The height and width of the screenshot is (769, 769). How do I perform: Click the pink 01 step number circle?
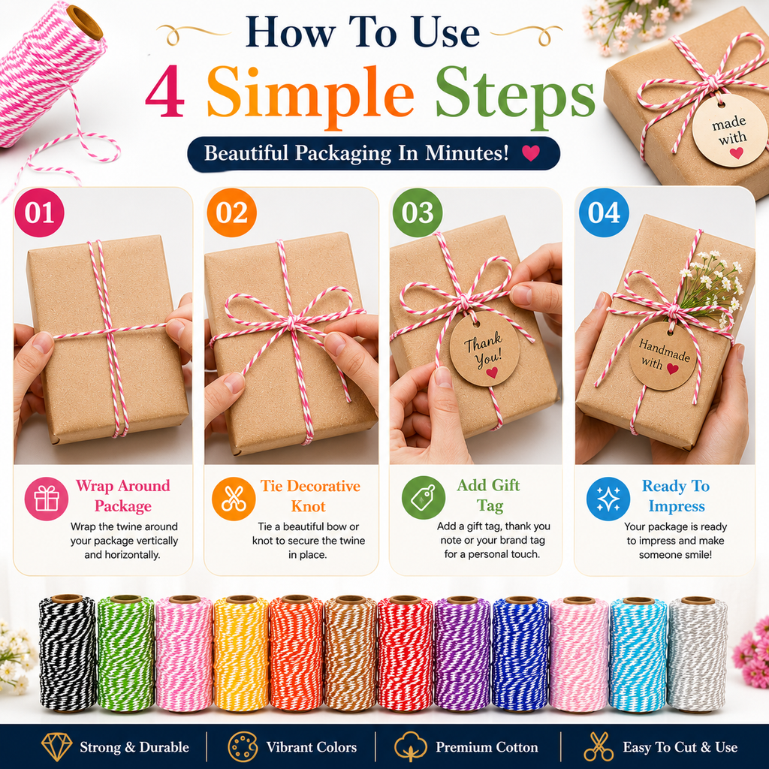pos(39,213)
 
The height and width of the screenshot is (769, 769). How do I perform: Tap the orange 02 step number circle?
pos(231,213)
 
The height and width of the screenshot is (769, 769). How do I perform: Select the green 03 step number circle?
pos(418,213)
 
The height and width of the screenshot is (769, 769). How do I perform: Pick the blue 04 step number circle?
pos(604,213)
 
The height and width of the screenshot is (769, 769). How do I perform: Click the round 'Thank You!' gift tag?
pos(484,348)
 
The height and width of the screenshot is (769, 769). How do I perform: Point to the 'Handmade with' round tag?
pos(663,355)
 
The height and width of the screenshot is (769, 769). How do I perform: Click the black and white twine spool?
pos(68,653)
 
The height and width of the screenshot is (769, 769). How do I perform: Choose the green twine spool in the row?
pos(126,653)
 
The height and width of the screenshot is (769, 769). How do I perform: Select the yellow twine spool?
pos(241,653)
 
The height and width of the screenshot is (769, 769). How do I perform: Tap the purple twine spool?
pos(462,653)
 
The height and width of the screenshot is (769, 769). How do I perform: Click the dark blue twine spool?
pos(520,653)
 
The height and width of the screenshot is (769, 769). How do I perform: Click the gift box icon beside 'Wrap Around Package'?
pos(47,499)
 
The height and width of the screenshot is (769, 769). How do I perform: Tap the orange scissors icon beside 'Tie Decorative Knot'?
pos(234,499)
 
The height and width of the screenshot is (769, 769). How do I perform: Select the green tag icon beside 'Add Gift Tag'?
pos(424,498)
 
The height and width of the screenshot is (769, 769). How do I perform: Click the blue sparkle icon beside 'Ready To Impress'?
pos(608,499)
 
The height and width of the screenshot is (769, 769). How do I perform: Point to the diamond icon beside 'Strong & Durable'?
pos(57,747)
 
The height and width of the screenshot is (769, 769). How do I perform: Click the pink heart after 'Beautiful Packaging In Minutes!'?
pos(531,153)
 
